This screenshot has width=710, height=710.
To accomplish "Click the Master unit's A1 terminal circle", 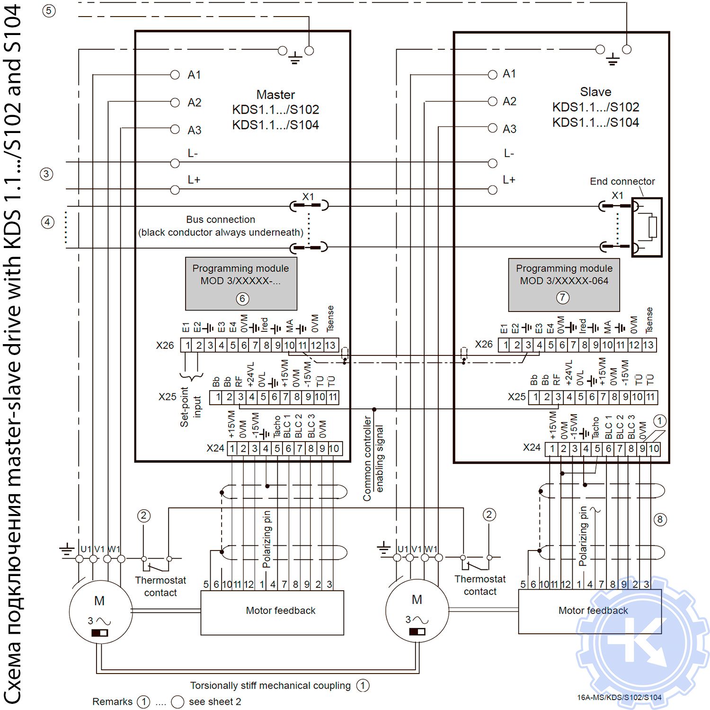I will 175,75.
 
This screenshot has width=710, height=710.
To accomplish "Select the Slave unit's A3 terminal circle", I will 492,128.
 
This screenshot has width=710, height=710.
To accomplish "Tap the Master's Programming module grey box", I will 241,284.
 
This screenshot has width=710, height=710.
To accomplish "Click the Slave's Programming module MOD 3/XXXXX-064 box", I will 564,284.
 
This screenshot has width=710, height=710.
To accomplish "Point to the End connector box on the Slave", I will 647,227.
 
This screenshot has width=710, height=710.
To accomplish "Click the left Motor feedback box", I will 272,612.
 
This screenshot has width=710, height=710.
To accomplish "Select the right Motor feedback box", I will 590,611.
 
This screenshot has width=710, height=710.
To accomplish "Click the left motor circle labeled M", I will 101,612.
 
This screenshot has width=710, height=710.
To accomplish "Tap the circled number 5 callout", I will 49,11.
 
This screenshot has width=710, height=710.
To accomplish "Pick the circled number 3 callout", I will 46,174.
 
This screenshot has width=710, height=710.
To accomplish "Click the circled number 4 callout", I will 47,222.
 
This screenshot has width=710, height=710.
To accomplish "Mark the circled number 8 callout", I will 660,520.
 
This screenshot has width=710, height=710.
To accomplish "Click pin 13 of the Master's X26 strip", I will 330,346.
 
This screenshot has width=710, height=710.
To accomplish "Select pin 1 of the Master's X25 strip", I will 218,397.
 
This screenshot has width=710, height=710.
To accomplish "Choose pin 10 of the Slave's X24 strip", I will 654,449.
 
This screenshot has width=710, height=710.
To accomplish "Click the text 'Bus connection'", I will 221,220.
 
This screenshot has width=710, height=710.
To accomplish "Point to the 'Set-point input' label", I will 190,407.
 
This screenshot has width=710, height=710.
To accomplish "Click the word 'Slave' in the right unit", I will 595,92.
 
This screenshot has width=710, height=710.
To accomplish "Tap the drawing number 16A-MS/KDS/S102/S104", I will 619,697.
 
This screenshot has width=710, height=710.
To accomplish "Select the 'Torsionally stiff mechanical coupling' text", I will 270,685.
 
